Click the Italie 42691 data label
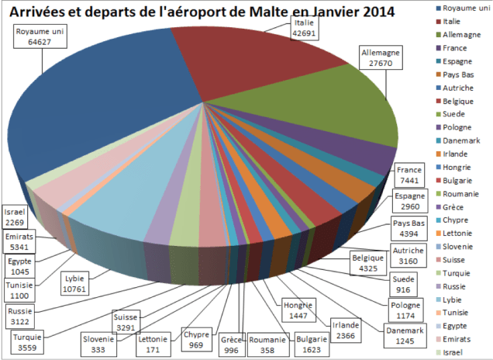tap(304, 29)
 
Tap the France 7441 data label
tap(408, 175)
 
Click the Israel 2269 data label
tap(16, 216)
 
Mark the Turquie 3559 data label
tap(27, 342)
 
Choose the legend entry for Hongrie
tap(461, 167)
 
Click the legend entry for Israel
tap(457, 351)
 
